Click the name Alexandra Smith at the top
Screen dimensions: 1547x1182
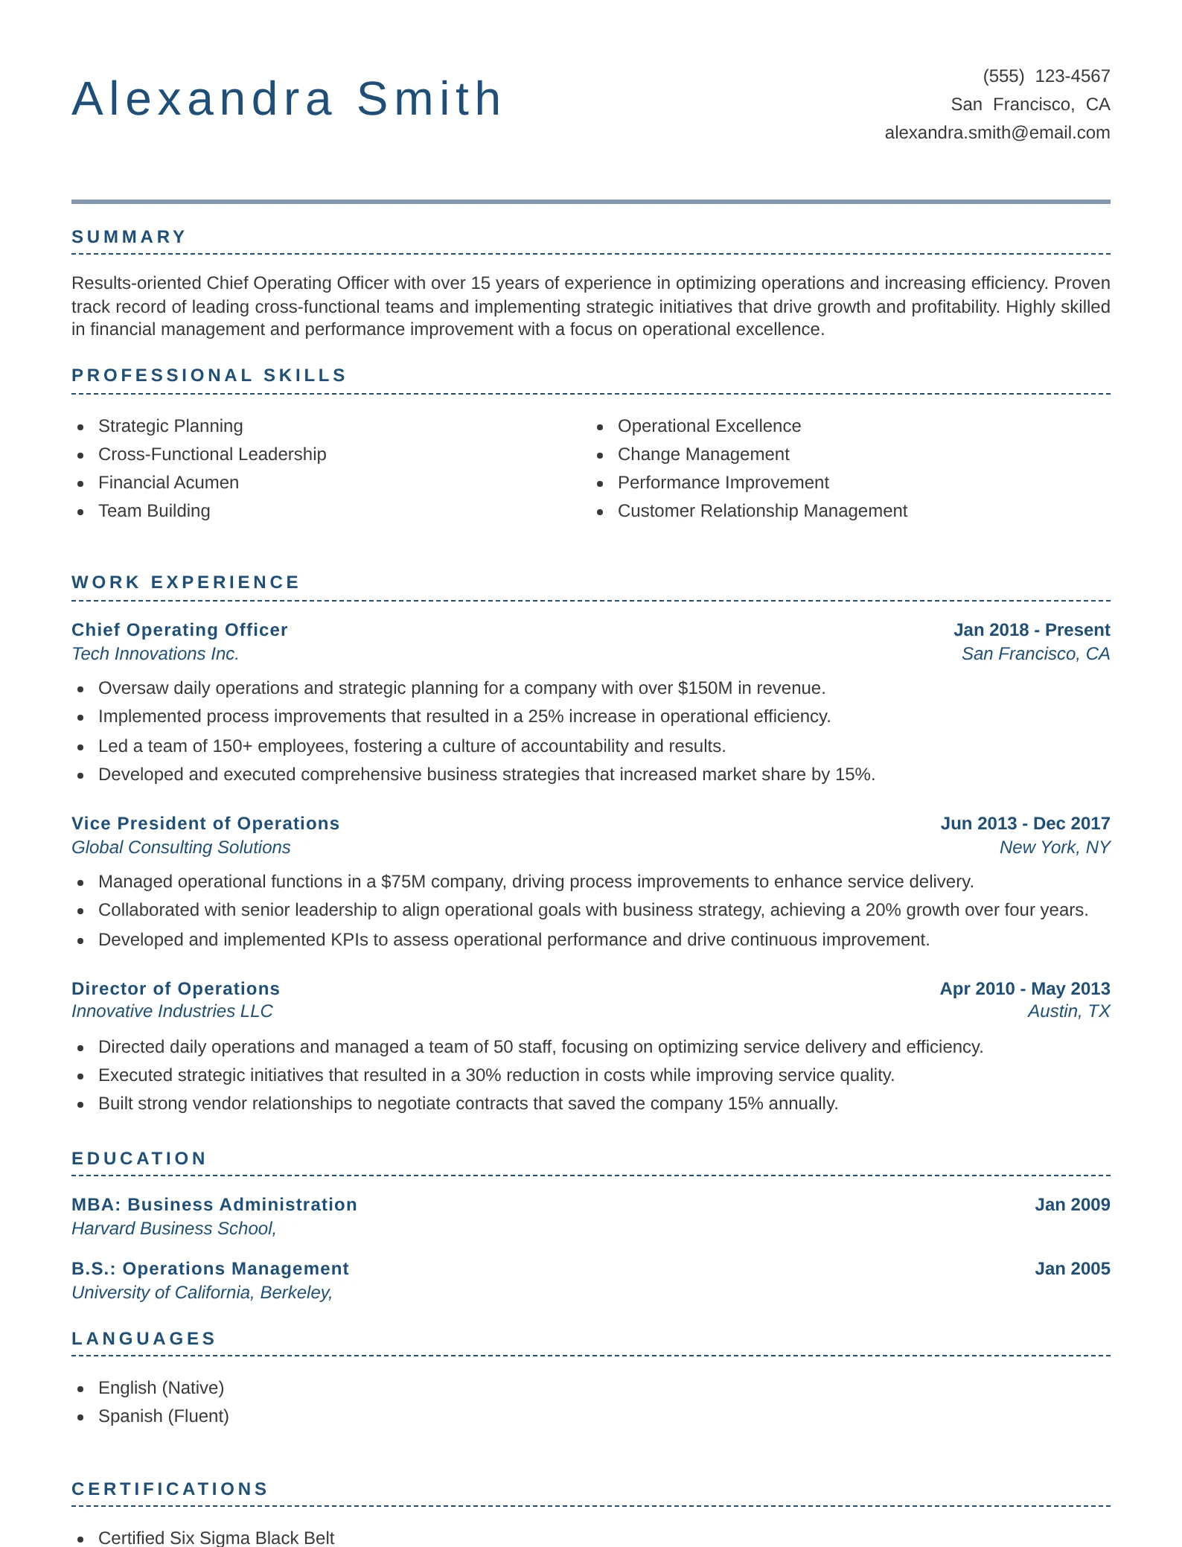pyautogui.click(x=287, y=99)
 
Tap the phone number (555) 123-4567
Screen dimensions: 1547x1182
pyautogui.click(x=1046, y=76)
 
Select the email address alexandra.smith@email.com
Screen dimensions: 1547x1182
pyautogui.click(x=997, y=133)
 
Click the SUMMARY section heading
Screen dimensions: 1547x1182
pyautogui.click(x=129, y=237)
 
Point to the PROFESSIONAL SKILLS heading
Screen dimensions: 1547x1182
pyautogui.click(x=209, y=375)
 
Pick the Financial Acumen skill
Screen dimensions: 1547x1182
pyautogui.click(x=168, y=482)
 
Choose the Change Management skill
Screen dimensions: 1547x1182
pyautogui.click(x=703, y=454)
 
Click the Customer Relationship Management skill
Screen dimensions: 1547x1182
pyautogui.click(x=761, y=511)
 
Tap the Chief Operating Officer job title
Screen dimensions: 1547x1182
pyautogui.click(x=179, y=630)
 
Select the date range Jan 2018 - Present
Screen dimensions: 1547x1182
pyautogui.click(x=1031, y=630)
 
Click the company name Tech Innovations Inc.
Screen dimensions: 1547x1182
pyautogui.click(x=155, y=654)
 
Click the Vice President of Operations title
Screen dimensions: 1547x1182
pyautogui.click(x=205, y=823)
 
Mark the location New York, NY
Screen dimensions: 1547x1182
pyautogui.click(x=1054, y=847)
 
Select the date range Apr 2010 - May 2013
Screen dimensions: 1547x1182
pyautogui.click(x=1024, y=989)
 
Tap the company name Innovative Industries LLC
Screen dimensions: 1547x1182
pyautogui.click(x=172, y=1011)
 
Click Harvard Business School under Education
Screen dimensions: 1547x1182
pyautogui.click(x=173, y=1228)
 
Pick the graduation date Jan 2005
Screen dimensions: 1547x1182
pyautogui.click(x=1072, y=1269)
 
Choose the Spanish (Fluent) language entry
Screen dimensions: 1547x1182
pyautogui.click(x=163, y=1416)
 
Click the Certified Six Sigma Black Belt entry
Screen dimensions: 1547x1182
pyautogui.click(x=216, y=1537)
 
